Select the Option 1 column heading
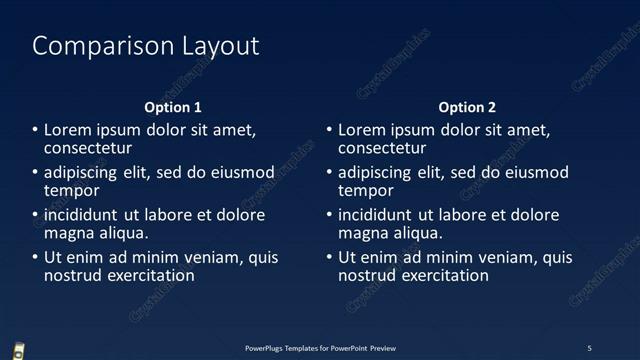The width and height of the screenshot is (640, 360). tap(173, 107)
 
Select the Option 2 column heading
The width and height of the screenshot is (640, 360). tap(467, 107)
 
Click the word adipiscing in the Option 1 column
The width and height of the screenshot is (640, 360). tap(80, 173)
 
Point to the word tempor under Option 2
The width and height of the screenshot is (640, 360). tap(366, 190)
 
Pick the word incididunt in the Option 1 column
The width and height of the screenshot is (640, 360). tap(82, 215)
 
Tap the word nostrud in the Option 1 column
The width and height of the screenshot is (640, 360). tap(72, 275)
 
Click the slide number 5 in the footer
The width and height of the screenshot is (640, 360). tap(589, 348)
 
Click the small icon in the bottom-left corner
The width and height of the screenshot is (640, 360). tap(19, 350)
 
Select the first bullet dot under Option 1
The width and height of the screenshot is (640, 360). tap(35, 131)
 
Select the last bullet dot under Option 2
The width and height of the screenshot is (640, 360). tap(329, 258)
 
